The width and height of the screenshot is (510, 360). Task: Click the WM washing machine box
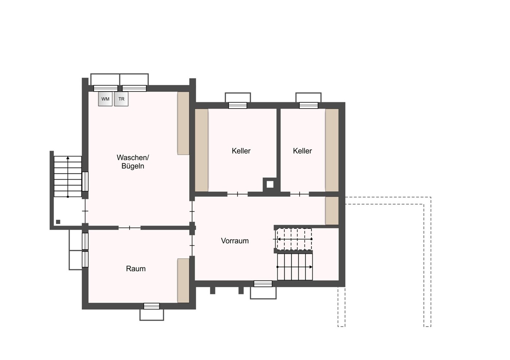click(105, 99)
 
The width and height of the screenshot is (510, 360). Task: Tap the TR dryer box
click(121, 99)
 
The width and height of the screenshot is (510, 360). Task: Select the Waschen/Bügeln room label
click(133, 162)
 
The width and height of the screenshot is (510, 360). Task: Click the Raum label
click(136, 269)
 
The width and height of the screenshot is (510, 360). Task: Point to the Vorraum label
click(235, 241)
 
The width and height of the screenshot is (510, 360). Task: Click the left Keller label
click(241, 151)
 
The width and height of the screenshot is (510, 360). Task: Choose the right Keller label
click(302, 151)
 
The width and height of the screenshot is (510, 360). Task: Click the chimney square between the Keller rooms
click(270, 184)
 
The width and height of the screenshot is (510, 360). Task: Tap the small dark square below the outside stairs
click(58, 222)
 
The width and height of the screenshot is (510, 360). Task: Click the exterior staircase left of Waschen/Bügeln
click(67, 176)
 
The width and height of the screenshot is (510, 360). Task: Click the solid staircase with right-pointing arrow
click(295, 267)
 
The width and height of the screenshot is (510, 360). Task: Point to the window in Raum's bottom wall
click(152, 306)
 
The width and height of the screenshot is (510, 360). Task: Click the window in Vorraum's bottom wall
click(263, 284)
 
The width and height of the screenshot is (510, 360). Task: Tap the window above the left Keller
click(238, 105)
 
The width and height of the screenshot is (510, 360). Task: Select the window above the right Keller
click(308, 105)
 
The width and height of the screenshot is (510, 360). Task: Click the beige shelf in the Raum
click(183, 281)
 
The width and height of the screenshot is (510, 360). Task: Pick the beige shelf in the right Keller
click(332, 150)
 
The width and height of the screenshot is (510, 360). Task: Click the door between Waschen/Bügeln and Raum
click(129, 228)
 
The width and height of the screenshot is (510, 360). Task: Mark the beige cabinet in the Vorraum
click(332, 211)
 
